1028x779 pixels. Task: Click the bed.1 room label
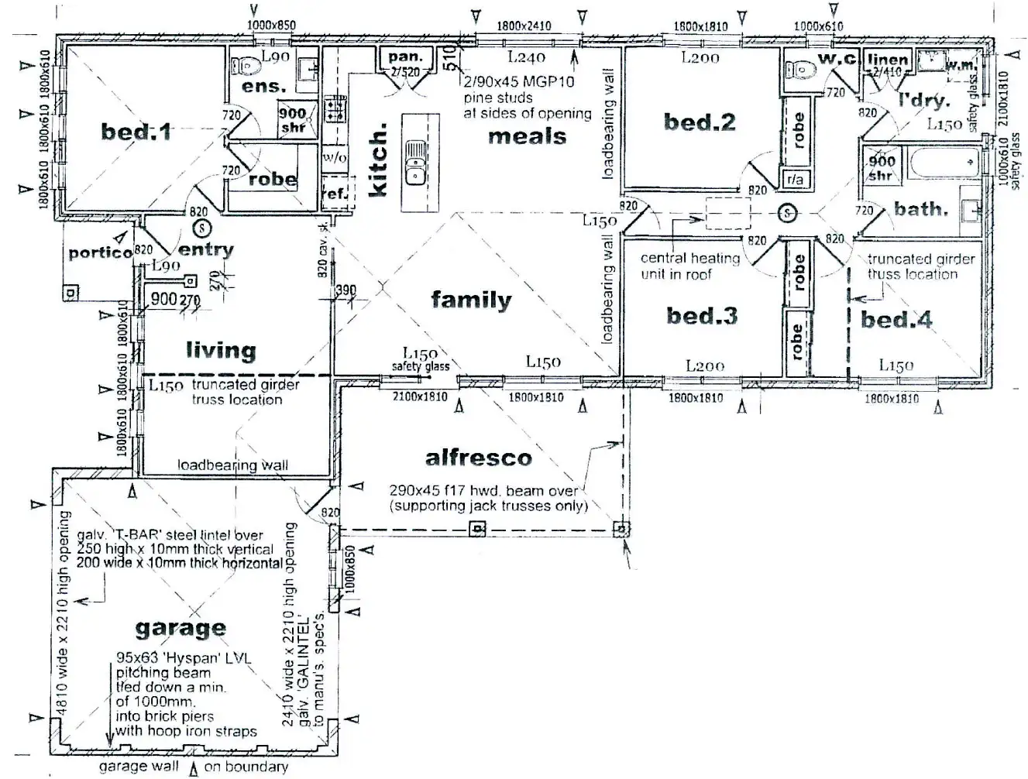coord(136,132)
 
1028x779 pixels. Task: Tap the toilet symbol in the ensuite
coord(245,67)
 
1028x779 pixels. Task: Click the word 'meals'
coord(528,137)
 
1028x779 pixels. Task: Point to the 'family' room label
coord(471,300)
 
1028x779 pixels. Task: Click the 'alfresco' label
coord(479,458)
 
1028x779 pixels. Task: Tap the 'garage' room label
coord(181,628)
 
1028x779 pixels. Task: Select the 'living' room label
coord(221,351)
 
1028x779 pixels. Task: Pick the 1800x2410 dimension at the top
coord(524,26)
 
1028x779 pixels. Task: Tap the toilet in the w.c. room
coord(799,69)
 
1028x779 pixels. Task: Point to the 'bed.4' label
coord(896,320)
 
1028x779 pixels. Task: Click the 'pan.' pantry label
coord(405,57)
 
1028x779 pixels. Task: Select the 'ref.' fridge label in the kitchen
coord(335,194)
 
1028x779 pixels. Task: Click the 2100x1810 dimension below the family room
coord(419,397)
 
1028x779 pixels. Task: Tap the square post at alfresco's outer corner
coord(621,530)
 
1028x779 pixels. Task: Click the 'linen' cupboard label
coord(887,60)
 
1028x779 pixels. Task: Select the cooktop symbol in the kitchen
coord(335,108)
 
